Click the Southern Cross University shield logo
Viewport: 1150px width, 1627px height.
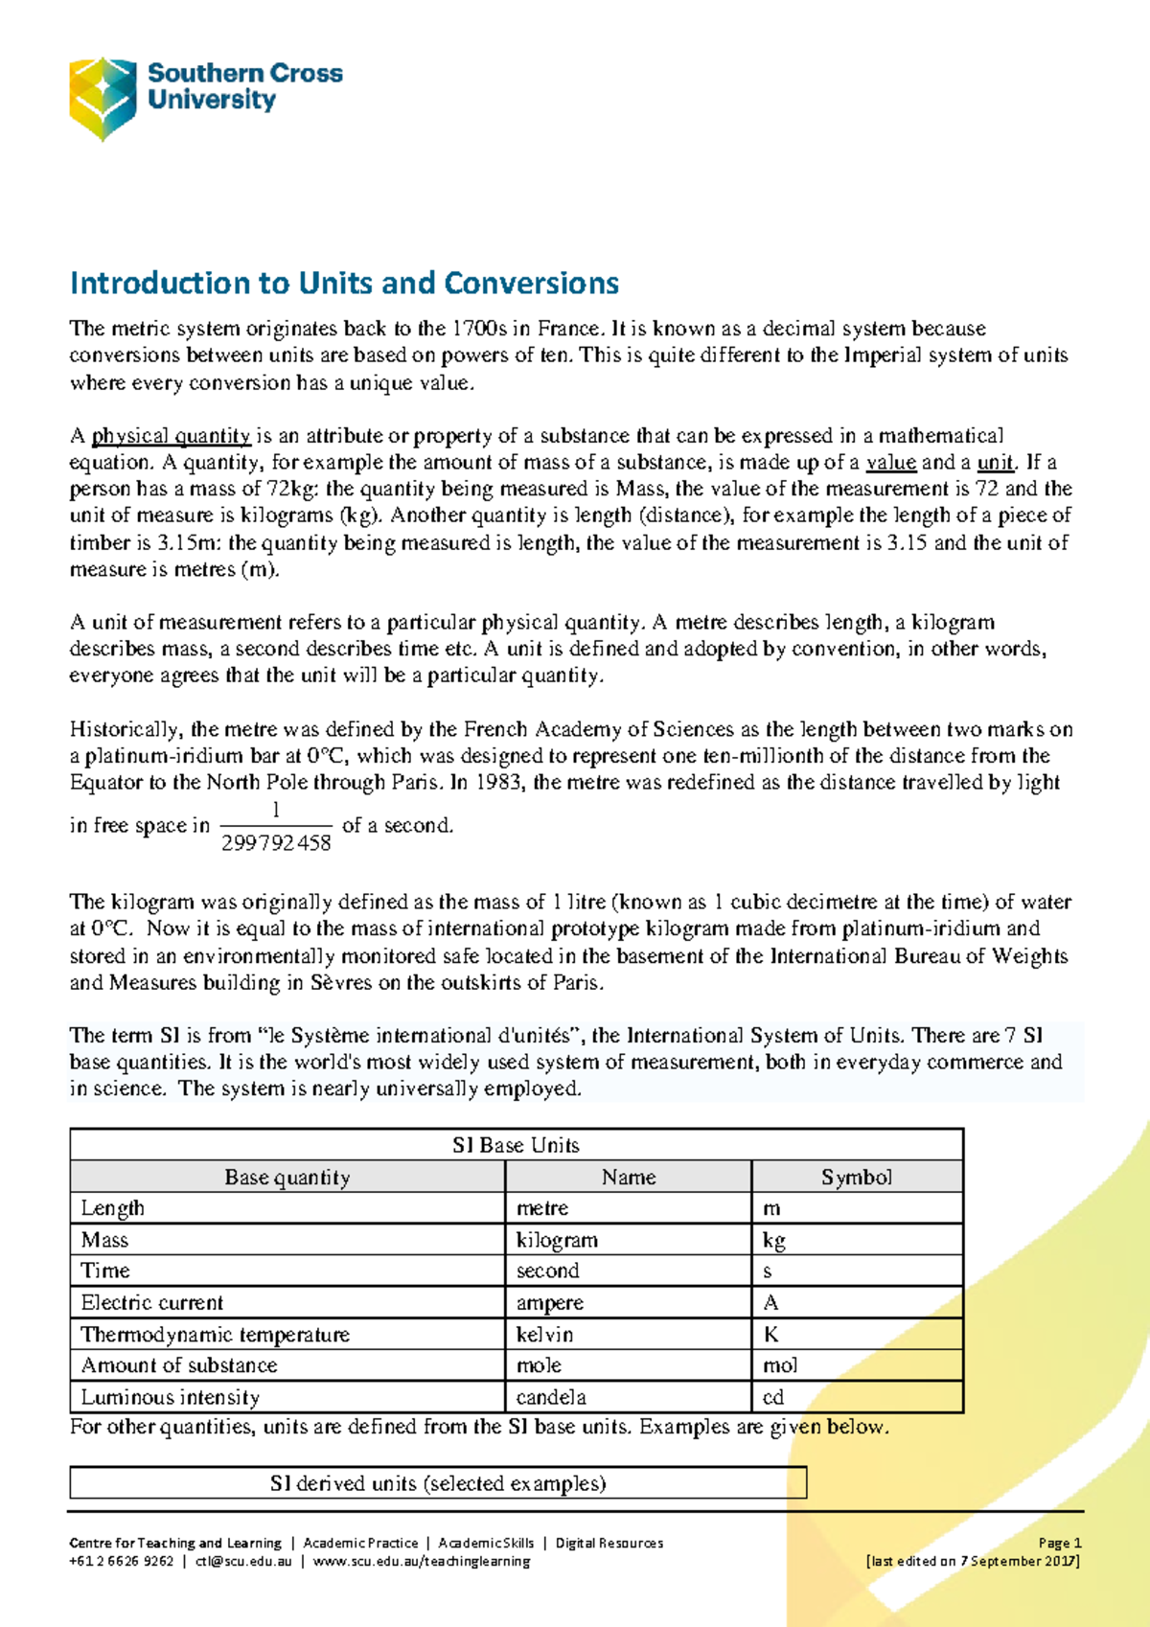coord(103,98)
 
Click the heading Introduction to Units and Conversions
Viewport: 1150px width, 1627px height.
coord(344,284)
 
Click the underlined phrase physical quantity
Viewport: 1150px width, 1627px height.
coord(171,436)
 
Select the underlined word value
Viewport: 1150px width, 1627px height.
coord(891,463)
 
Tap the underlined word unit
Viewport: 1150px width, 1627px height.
coord(995,463)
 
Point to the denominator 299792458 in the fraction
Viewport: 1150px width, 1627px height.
coord(276,843)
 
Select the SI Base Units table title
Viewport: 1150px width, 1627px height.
coord(516,1145)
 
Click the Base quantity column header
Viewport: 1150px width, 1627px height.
coord(287,1177)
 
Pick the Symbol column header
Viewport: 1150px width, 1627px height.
coord(856,1177)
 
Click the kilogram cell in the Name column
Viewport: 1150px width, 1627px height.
coord(557,1240)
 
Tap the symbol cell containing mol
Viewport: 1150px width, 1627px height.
coord(780,1365)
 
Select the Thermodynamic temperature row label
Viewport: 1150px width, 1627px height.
coord(216,1335)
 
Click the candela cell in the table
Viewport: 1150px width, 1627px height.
coord(551,1397)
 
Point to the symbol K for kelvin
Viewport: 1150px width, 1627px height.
coord(771,1335)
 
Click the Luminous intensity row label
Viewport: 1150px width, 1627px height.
coord(171,1397)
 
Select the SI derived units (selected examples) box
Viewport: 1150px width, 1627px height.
coord(438,1483)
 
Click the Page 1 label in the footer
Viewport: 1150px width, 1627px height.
coord(1060,1543)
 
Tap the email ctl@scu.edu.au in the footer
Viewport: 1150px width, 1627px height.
coord(243,1561)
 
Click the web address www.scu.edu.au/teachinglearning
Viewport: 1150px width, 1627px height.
coord(422,1561)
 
